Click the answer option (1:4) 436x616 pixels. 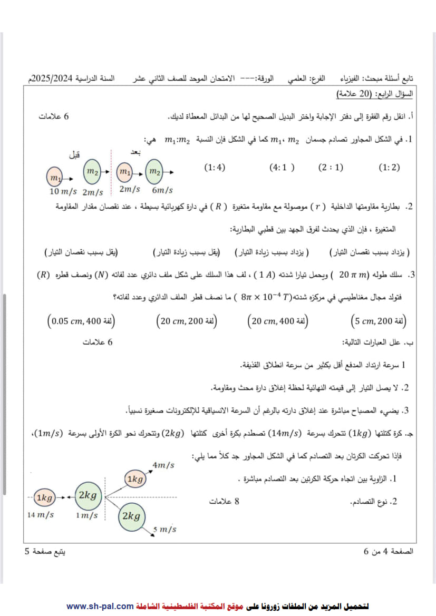pyautogui.click(x=215, y=168)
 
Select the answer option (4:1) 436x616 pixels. pyautogui.click(x=282, y=168)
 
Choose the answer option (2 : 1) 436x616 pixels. pyautogui.click(x=331, y=168)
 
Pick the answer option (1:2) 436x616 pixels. pyautogui.click(x=389, y=168)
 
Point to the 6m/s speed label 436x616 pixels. pyautogui.click(x=162, y=190)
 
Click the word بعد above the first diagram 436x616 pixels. pyautogui.click(x=136, y=152)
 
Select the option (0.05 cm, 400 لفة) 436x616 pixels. pyautogui.click(x=81, y=320)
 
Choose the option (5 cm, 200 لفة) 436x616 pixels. pyautogui.click(x=379, y=320)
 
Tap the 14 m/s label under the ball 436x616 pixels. pyautogui.click(x=41, y=515)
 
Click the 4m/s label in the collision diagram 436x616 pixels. pyautogui.click(x=163, y=465)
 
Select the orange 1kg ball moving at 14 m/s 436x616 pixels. pyautogui.click(x=44, y=497)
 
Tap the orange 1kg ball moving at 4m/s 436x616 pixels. pyautogui.click(x=134, y=479)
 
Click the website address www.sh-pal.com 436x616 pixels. pyautogui.click(x=100, y=606)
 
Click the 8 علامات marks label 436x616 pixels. pyautogui.click(x=224, y=502)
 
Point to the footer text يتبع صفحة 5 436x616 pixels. pyautogui.click(x=45, y=552)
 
